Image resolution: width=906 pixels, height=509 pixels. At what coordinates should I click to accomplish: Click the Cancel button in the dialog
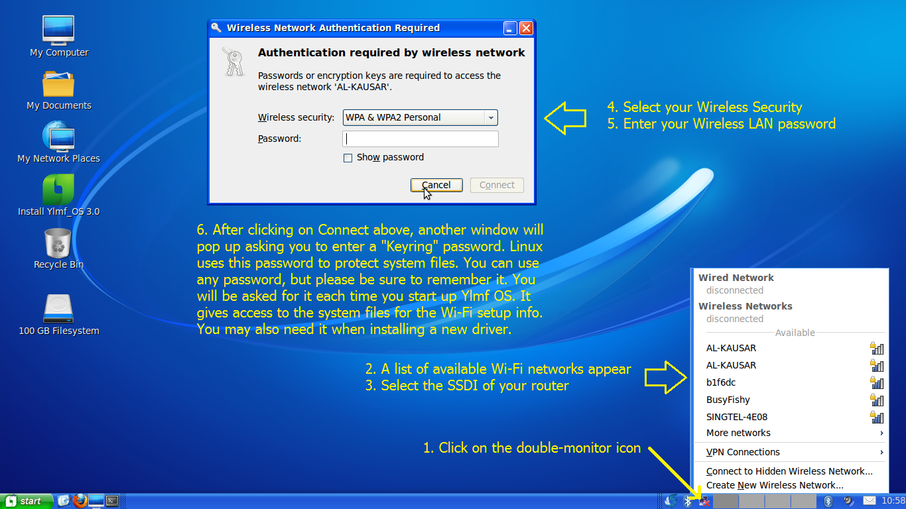point(436,185)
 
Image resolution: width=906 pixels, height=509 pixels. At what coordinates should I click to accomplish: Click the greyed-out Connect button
point(497,185)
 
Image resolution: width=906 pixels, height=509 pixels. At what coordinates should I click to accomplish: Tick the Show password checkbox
point(348,158)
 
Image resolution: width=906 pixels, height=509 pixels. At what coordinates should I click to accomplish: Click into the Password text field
point(420,139)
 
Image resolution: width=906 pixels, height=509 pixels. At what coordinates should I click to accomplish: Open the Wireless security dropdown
point(420,117)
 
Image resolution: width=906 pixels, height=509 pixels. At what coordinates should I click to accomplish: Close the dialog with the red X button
point(526,28)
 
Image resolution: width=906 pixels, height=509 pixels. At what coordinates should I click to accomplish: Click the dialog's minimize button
point(510,28)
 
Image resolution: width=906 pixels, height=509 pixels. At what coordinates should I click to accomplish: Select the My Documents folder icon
point(58,84)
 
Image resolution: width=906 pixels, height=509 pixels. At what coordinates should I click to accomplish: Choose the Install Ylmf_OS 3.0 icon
point(58,190)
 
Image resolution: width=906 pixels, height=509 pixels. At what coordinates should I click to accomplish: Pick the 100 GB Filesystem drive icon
point(58,309)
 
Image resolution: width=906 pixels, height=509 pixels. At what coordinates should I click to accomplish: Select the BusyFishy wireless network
point(728,400)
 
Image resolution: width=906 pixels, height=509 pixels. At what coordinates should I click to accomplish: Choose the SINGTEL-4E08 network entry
point(736,417)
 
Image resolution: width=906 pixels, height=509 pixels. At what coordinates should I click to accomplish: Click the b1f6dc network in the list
point(721,382)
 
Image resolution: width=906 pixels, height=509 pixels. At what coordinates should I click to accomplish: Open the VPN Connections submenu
point(743,452)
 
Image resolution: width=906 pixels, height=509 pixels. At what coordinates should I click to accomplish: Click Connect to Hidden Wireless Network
point(789,471)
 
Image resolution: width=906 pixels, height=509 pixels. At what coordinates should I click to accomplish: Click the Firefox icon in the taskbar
point(80,500)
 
